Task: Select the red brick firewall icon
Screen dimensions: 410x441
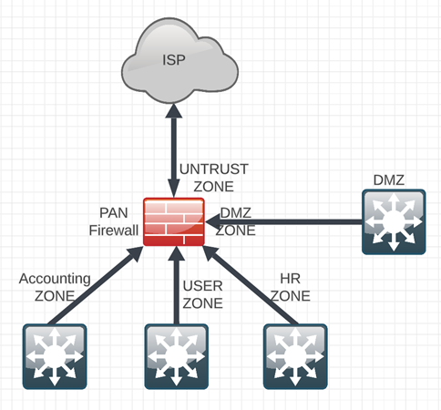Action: click(x=173, y=220)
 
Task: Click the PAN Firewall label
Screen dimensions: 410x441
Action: click(x=114, y=222)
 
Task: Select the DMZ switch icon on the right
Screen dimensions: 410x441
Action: click(x=393, y=222)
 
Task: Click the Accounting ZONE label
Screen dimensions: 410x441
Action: click(x=55, y=287)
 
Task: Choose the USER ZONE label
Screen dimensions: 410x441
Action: click(x=202, y=294)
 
